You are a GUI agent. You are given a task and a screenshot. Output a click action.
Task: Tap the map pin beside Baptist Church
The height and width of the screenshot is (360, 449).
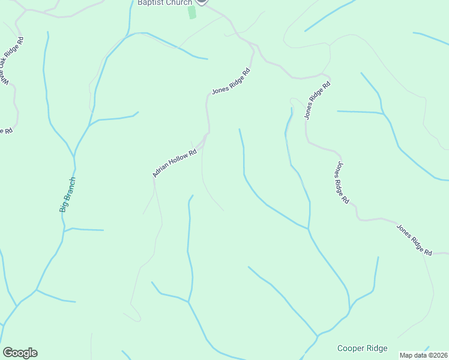click(202, 2)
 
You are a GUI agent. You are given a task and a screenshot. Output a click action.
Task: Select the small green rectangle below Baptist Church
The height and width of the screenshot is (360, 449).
click(192, 12)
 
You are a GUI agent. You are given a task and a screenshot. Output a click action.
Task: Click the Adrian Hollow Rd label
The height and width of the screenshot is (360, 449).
click(175, 163)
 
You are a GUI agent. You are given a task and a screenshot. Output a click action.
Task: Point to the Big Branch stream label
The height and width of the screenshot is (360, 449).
click(67, 194)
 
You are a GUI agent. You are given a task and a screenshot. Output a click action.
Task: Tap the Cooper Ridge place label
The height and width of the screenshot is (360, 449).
click(362, 348)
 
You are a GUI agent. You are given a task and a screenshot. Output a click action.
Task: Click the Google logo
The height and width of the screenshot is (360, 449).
click(20, 353)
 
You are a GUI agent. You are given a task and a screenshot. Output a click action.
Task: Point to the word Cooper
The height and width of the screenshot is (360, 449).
click(350, 348)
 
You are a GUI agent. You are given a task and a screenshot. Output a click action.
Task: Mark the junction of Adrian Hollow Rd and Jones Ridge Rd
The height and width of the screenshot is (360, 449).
click(208, 134)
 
